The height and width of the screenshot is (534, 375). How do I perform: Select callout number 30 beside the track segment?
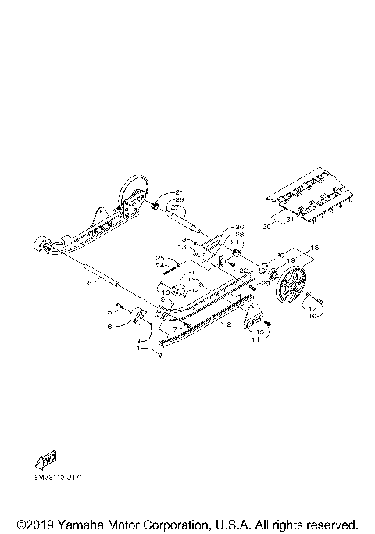pyautogui.click(x=267, y=225)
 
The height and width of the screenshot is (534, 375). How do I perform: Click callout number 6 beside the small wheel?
pyautogui.click(x=109, y=324)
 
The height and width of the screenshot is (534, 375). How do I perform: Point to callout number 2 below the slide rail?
pyautogui.click(x=228, y=323)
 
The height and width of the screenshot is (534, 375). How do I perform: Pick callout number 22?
pyautogui.click(x=243, y=271)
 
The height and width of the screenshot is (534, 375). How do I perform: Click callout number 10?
pyautogui.click(x=166, y=292)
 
